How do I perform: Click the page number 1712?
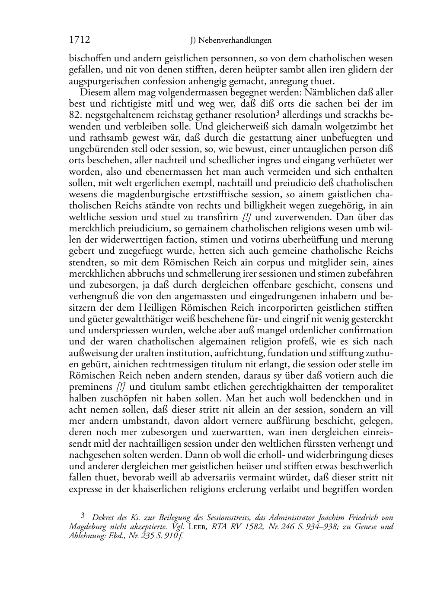[x=80, y=40]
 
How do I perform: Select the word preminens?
[x=91, y=387]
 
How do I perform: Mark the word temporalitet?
[x=367, y=387]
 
